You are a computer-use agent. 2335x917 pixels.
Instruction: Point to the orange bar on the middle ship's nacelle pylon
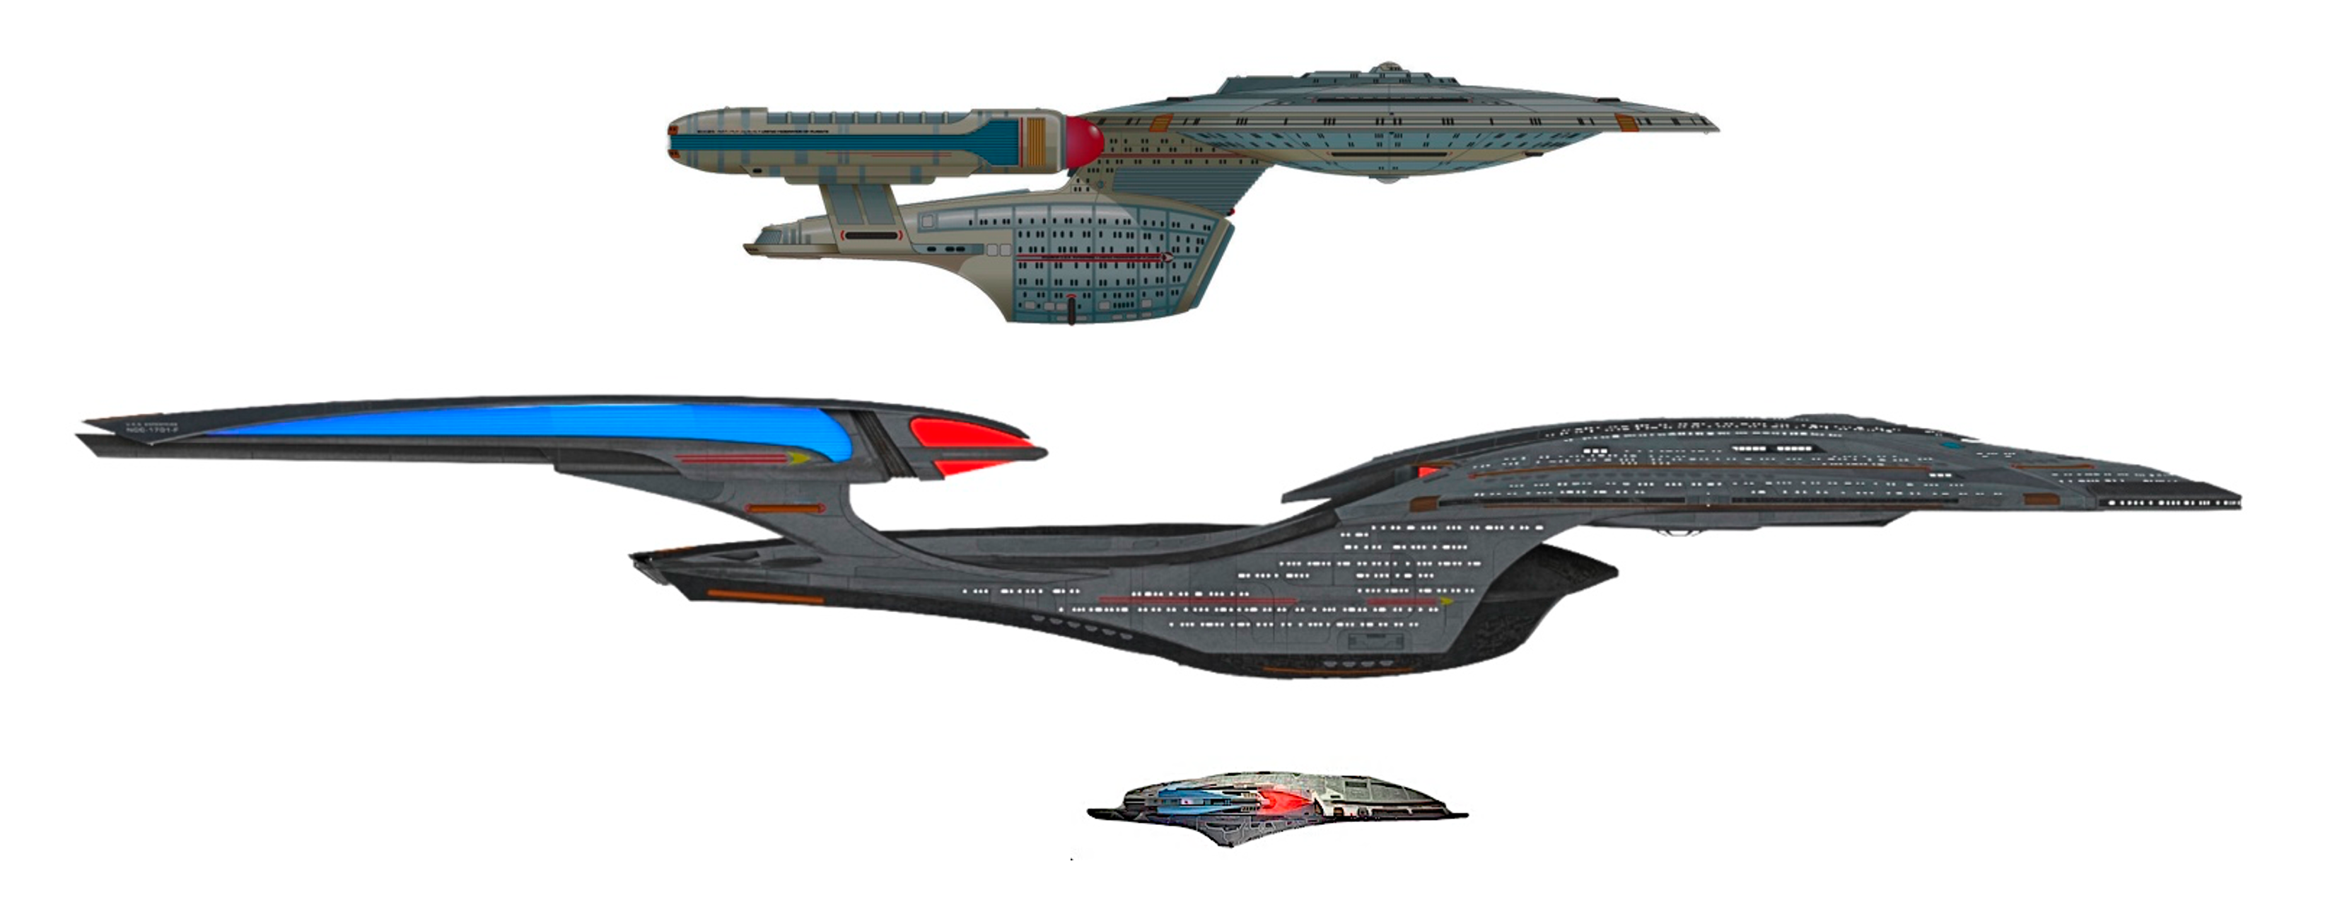coord(785,509)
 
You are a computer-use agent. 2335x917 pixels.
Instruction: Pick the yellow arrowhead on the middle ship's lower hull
coord(1446,601)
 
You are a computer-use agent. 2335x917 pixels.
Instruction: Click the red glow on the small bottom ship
coord(1280,802)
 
